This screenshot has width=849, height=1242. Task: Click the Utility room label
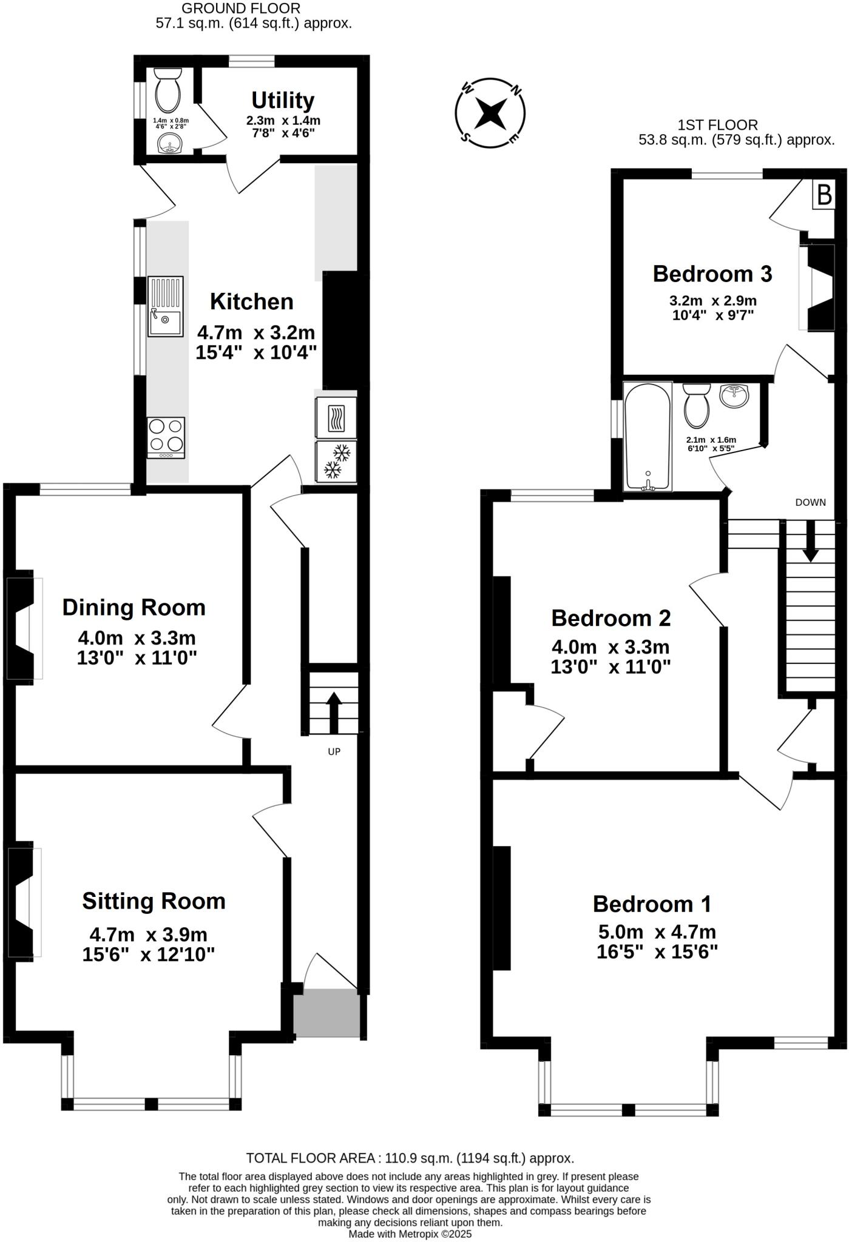pyautogui.click(x=283, y=100)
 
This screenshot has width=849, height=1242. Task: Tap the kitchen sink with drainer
pyautogui.click(x=165, y=306)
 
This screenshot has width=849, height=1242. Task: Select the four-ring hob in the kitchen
pyautogui.click(x=166, y=437)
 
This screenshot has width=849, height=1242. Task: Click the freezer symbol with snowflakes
pyautogui.click(x=336, y=462)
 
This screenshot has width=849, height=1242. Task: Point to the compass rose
pyautogui.click(x=490, y=113)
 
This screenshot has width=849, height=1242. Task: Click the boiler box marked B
pyautogui.click(x=824, y=195)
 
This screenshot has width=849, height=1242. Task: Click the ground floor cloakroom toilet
pyautogui.click(x=167, y=90)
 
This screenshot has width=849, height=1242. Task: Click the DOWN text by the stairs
pyautogui.click(x=810, y=502)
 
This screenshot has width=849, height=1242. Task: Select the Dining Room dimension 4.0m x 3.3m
pyautogui.click(x=137, y=638)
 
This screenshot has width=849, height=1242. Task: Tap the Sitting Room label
pyautogui.click(x=154, y=901)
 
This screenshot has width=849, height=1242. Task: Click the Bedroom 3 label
pyautogui.click(x=712, y=274)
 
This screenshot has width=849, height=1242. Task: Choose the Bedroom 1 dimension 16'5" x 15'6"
pyautogui.click(x=657, y=952)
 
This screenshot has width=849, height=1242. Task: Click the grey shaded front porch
pyautogui.click(x=326, y=1013)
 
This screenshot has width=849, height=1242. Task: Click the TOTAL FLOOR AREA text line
pyautogui.click(x=410, y=1158)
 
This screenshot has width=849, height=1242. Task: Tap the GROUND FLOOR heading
pyautogui.click(x=241, y=8)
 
